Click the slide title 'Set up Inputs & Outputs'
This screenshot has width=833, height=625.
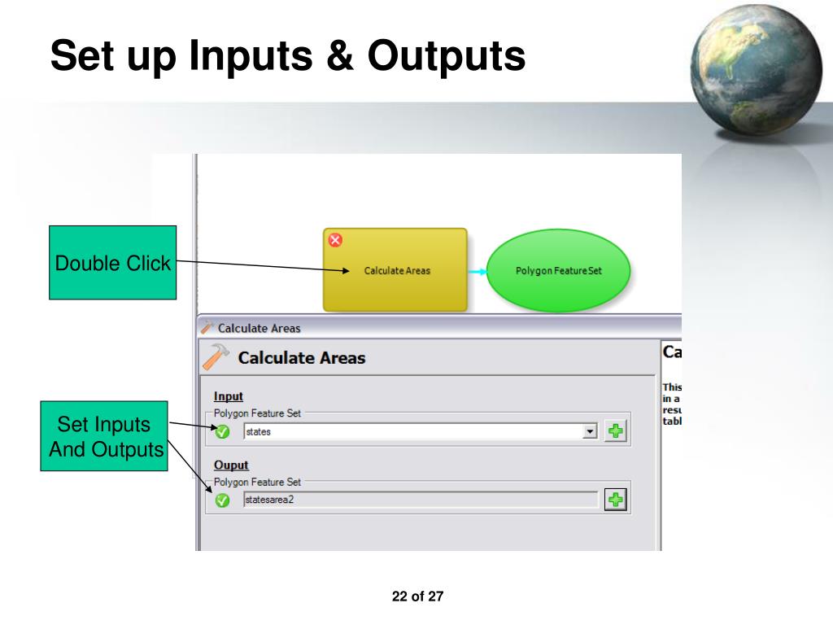tap(287, 57)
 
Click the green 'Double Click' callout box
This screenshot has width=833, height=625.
tap(112, 263)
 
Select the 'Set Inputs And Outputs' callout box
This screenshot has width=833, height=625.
tap(103, 436)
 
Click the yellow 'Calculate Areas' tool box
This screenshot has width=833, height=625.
tap(395, 270)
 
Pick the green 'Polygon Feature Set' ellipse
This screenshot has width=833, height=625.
tap(558, 271)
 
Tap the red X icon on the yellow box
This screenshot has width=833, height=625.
tap(334, 239)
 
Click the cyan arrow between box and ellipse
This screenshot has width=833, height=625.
tap(478, 271)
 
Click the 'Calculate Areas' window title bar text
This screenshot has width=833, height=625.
tap(259, 329)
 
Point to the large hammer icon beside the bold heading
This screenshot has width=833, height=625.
tap(216, 356)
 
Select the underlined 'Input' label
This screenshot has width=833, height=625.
tap(229, 396)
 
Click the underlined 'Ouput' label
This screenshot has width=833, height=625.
tap(230, 465)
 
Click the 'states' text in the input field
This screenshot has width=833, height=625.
tap(259, 432)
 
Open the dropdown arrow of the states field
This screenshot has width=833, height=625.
tap(591, 431)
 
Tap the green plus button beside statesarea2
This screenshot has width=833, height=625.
tap(616, 500)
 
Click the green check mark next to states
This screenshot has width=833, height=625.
tap(222, 432)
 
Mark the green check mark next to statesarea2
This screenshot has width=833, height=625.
tap(222, 501)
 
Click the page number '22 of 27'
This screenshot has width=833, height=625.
tap(417, 597)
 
